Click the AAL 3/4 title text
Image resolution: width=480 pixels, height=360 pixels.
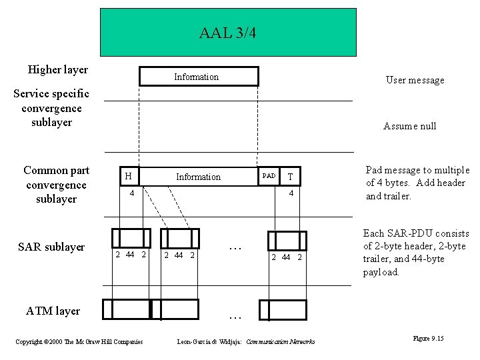click(227, 33)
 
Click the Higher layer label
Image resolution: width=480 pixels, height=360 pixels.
click(58, 69)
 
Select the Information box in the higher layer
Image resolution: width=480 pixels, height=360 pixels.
click(198, 77)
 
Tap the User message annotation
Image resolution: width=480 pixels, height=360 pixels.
click(415, 80)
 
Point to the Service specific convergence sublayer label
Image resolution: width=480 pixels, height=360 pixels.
click(51, 108)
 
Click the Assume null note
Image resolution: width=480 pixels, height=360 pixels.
click(409, 126)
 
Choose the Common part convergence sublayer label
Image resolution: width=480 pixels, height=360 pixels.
click(56, 185)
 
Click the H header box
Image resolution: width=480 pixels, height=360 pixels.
click(129, 176)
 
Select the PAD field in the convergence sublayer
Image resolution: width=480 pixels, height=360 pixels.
click(269, 176)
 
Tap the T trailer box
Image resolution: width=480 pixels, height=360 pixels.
click(289, 176)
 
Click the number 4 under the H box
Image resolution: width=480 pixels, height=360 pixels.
click(132, 193)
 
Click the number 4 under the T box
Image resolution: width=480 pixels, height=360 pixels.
click(291, 193)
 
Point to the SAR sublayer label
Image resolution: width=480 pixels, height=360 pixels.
click(51, 247)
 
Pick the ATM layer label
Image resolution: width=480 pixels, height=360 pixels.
click(53, 311)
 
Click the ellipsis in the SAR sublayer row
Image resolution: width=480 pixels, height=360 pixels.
click(234, 248)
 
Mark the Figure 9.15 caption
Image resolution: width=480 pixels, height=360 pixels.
click(429, 339)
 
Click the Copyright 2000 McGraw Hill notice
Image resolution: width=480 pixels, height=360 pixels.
click(79, 342)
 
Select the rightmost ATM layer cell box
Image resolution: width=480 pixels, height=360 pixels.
click(283, 310)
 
